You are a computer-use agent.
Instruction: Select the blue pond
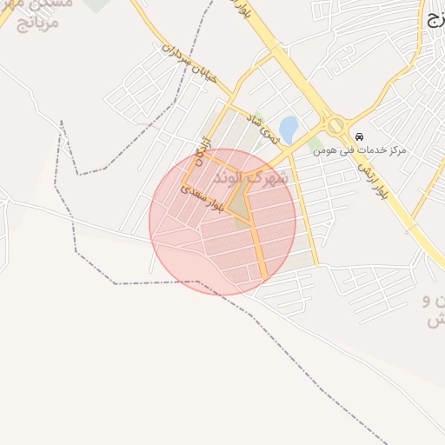[288, 130]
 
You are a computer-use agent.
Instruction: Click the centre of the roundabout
[335, 127]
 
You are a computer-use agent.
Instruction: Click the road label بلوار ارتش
[375, 177]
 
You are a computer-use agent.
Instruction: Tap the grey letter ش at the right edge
[435, 320]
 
